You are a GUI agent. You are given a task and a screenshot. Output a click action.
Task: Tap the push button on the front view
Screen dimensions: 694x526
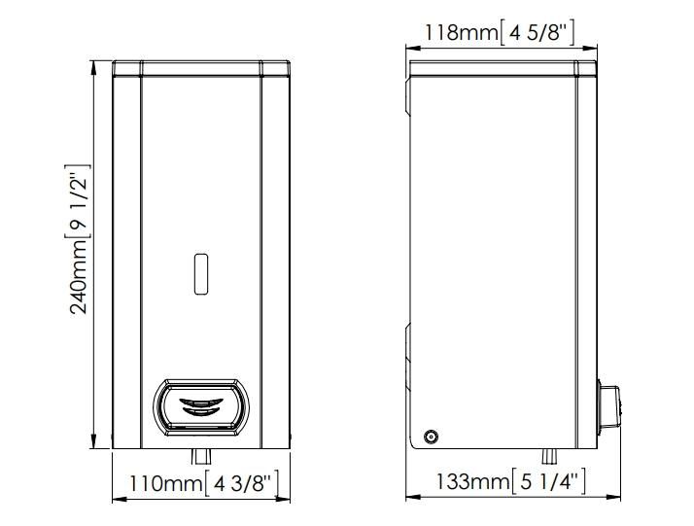[201, 407]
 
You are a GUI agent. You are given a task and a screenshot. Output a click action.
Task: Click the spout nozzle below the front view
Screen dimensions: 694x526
[201, 457]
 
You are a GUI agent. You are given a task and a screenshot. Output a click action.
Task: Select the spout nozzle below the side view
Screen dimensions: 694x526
[550, 457]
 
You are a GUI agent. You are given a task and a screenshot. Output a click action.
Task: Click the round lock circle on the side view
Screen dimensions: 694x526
[431, 437]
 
